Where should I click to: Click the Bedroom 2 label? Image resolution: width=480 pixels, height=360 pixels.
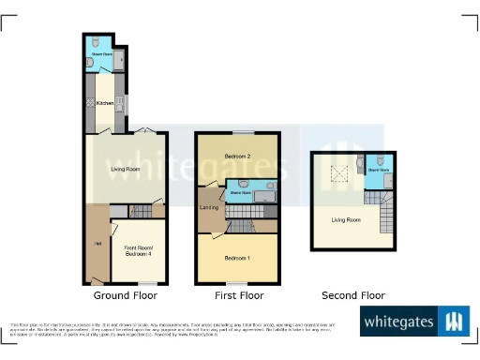click(x=237, y=156)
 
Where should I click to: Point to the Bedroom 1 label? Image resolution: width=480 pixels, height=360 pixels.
click(x=235, y=257)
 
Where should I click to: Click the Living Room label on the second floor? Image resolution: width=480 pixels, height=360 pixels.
click(x=345, y=221)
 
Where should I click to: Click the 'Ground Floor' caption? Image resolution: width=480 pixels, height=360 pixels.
click(x=125, y=296)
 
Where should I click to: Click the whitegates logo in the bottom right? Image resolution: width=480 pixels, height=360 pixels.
click(x=413, y=322)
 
